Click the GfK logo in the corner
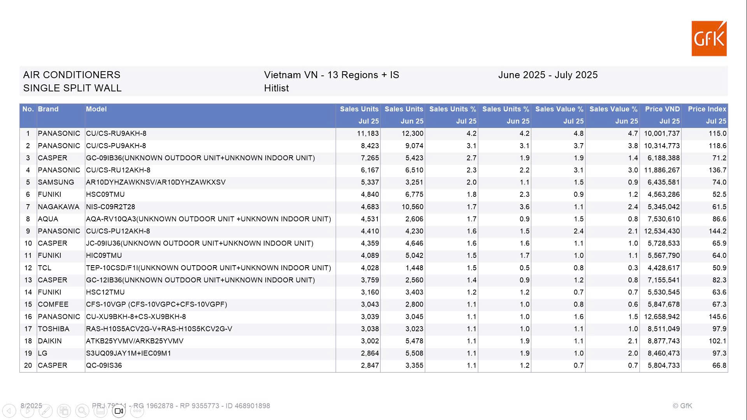pyautogui.click(x=709, y=38)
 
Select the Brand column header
pyautogui.click(x=48, y=109)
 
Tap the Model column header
pyautogui.click(x=96, y=109)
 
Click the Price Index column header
pyautogui.click(x=707, y=109)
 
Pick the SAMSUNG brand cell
pyautogui.click(x=56, y=182)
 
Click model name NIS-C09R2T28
pyautogui.click(x=110, y=207)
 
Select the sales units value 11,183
pyautogui.click(x=368, y=134)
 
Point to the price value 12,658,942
pyautogui.click(x=661, y=317)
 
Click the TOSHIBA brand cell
pyautogui.click(x=53, y=329)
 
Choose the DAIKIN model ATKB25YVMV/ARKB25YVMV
pyautogui.click(x=135, y=341)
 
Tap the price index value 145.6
pyautogui.click(x=717, y=317)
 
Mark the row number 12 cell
pyautogui.click(x=28, y=268)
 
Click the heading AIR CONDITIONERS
pyautogui.click(x=72, y=75)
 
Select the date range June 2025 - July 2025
pyautogui.click(x=547, y=75)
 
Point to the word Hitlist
pyautogui.click(x=276, y=88)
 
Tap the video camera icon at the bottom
pyautogui.click(x=119, y=411)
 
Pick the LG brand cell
pyautogui.click(x=42, y=353)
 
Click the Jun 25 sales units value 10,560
pyautogui.click(x=412, y=207)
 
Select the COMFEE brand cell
pyautogui.click(x=53, y=304)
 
